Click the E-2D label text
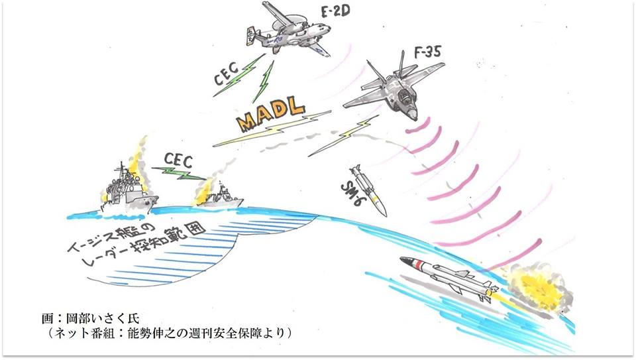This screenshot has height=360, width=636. (335, 11)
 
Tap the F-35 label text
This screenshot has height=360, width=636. (427, 52)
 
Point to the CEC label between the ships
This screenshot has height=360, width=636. (178, 160)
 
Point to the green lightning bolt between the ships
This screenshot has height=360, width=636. (178, 174)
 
